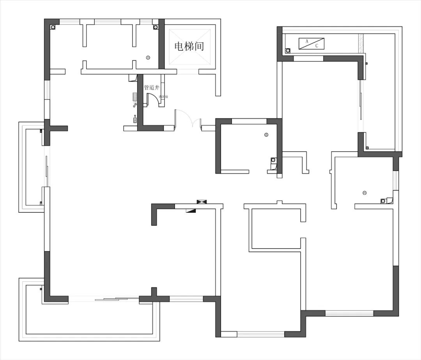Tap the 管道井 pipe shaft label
(152, 88)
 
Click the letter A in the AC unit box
(307, 41)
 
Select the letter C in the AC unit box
(317, 46)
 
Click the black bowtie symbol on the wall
(202, 201)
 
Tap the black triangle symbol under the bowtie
(191, 210)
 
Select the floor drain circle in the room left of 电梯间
(148, 58)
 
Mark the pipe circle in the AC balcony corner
(288, 50)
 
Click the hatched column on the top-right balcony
(361, 43)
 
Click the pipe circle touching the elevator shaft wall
(156, 27)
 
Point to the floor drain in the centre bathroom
(266, 135)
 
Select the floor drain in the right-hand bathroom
(364, 192)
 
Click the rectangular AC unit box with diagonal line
(311, 44)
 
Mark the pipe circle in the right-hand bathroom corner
(383, 201)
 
